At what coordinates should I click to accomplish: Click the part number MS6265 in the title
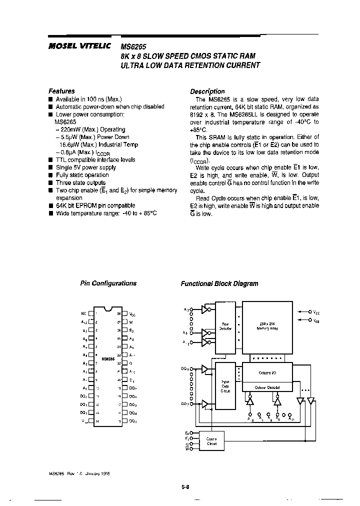click(x=131, y=44)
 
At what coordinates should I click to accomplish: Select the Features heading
click(x=61, y=91)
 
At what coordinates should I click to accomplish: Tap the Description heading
click(x=207, y=91)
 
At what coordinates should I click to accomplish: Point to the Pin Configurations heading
click(x=108, y=283)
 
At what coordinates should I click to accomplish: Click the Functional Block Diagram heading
click(x=219, y=283)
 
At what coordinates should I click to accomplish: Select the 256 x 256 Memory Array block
click(x=266, y=325)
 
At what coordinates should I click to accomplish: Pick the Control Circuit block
click(x=211, y=441)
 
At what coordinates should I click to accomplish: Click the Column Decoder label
click(x=266, y=387)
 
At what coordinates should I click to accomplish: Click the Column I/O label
click(x=266, y=372)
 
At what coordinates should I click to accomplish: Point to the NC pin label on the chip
click(x=83, y=313)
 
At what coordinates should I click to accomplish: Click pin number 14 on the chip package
click(x=96, y=422)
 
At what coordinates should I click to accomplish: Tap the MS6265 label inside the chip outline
click(x=108, y=358)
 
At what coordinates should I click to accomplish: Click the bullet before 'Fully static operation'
click(x=50, y=175)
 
